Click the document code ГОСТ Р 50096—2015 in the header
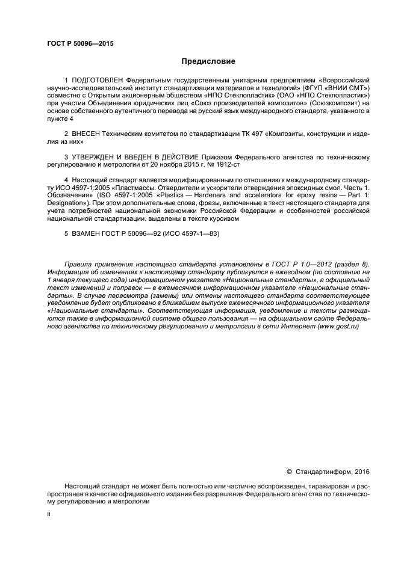[x=79, y=43]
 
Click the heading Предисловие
[x=208, y=61]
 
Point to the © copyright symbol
[x=290, y=472]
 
